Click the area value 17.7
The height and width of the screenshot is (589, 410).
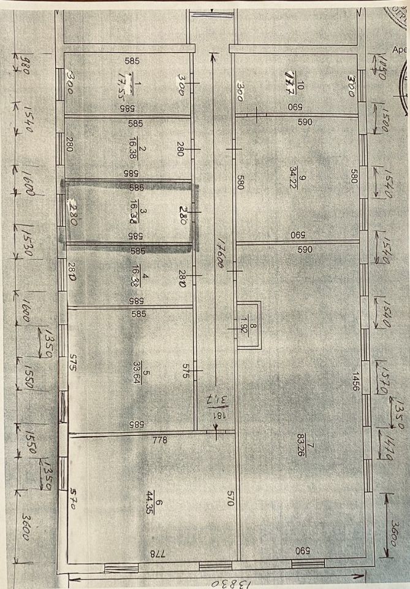click(290, 82)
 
